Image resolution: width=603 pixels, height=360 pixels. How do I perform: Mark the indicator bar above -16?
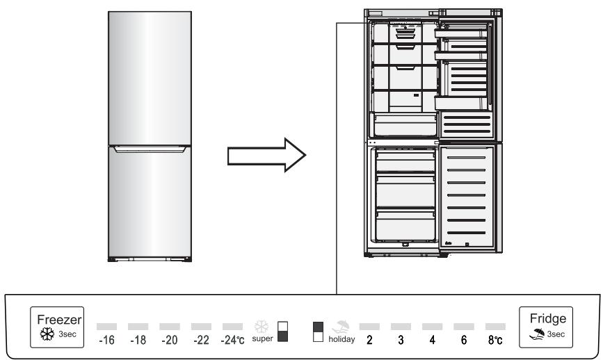106,325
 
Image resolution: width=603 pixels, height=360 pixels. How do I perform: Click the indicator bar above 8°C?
495,325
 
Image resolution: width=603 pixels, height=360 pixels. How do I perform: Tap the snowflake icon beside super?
262,326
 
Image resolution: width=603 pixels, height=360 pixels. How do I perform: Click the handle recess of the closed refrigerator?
148,147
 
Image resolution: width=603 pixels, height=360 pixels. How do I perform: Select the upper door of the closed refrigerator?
148,76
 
